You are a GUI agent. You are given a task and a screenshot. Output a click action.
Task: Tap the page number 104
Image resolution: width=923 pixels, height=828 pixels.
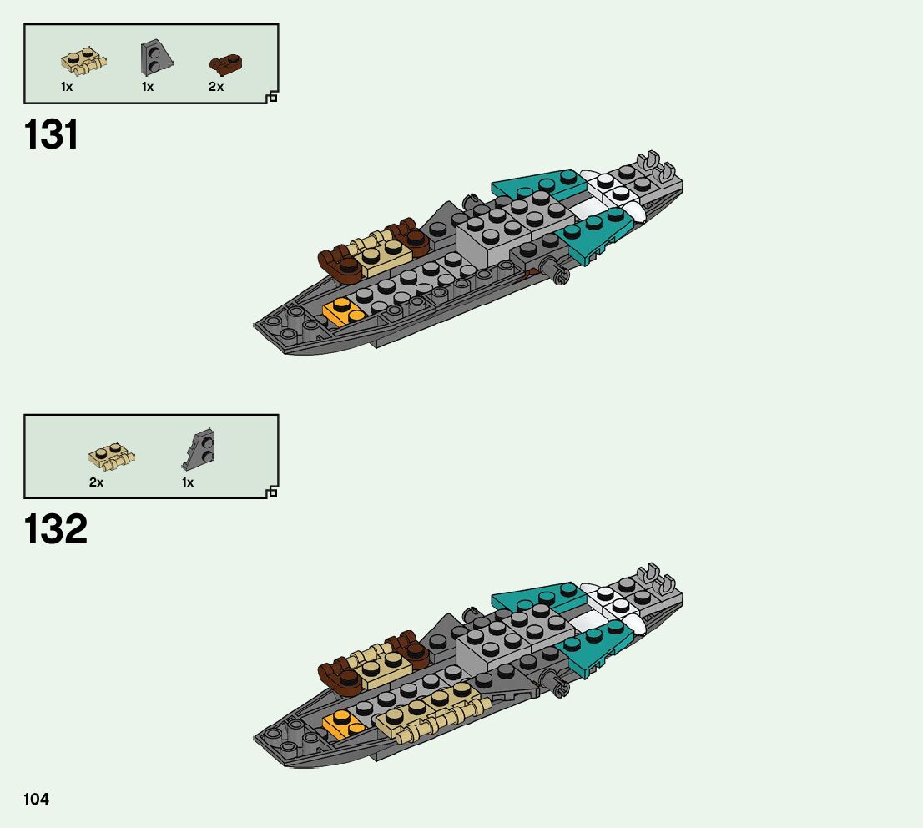pos(37,799)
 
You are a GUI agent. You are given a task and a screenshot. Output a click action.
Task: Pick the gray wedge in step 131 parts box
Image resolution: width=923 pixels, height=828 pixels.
pos(154,58)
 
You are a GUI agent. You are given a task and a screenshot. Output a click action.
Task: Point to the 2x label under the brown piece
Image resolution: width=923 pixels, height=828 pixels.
pos(216,87)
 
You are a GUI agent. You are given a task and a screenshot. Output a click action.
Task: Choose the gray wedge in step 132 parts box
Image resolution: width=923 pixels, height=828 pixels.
pos(199,451)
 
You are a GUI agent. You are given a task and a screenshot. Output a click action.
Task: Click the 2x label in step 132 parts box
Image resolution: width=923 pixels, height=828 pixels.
pos(96,482)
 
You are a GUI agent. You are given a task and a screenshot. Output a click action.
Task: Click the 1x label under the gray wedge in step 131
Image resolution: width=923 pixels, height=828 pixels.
pos(148,87)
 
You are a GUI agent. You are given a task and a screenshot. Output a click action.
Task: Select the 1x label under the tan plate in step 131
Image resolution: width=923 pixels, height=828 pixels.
pos(67,87)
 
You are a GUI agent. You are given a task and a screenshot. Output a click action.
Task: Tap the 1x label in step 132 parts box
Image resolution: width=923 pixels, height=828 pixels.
pos(188,482)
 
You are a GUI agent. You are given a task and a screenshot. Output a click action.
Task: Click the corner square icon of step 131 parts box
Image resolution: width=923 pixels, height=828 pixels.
pos(271,98)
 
